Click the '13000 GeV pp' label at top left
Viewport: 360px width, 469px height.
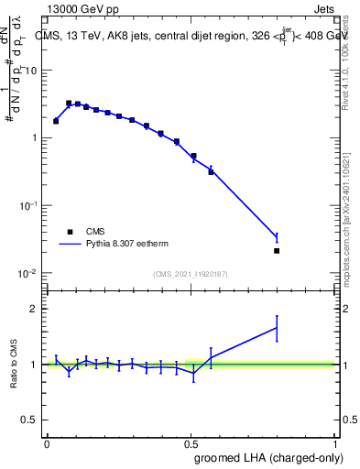point(82,10)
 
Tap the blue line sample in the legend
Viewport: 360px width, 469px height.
point(70,245)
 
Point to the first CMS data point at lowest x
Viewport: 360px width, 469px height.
point(56,121)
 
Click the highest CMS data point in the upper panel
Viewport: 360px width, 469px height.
point(69,104)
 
